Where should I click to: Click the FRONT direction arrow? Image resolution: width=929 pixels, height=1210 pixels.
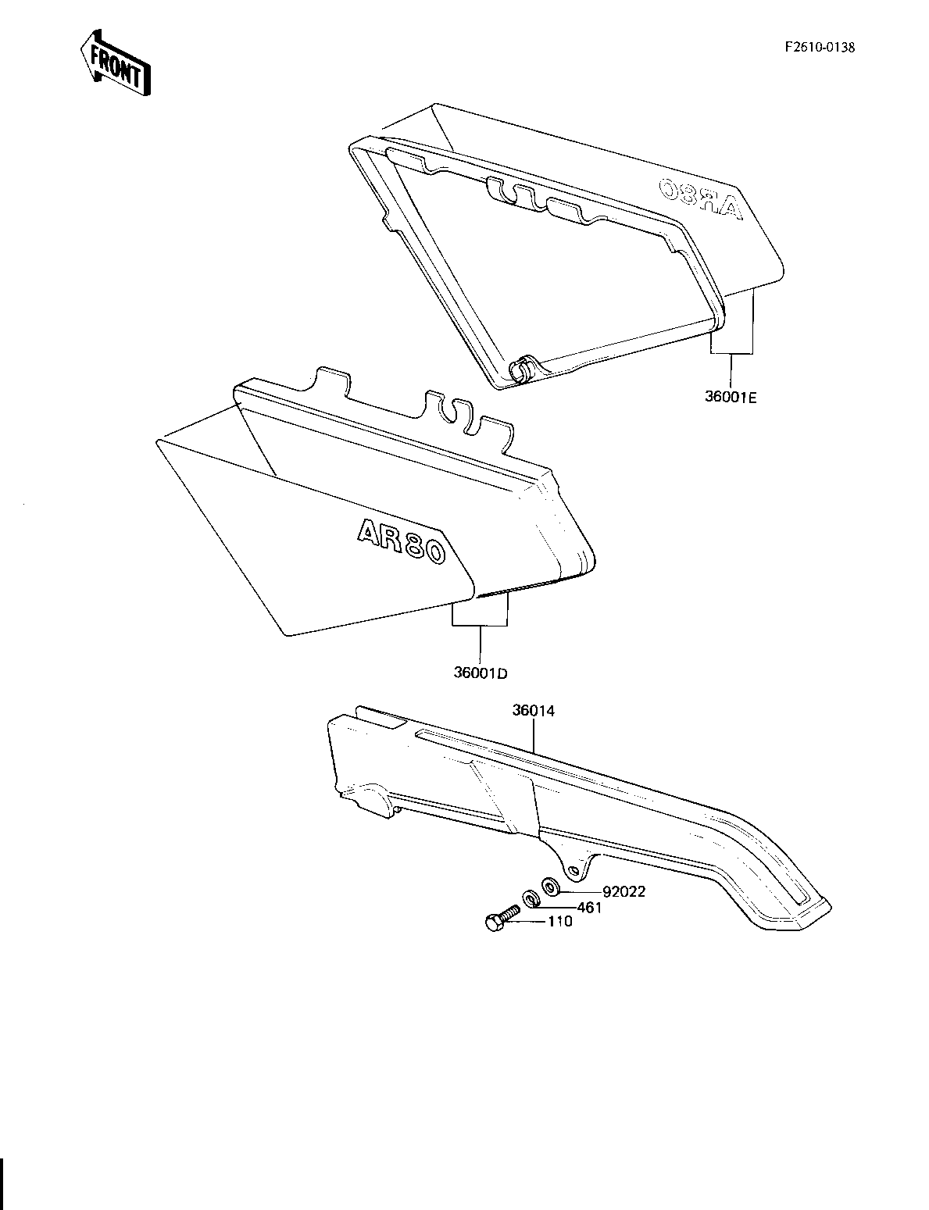pos(116,63)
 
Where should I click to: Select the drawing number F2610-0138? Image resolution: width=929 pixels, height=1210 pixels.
pos(820,48)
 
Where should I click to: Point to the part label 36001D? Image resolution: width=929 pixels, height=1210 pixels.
pos(481,673)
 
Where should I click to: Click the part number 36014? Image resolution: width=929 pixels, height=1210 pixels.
pos(534,711)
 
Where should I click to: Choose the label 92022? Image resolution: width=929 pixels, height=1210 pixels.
pos(624,891)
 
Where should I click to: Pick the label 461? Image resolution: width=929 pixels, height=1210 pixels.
pos(589,908)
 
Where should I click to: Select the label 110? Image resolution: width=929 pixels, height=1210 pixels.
pos(559,922)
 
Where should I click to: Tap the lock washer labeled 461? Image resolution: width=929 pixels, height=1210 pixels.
pos(530,898)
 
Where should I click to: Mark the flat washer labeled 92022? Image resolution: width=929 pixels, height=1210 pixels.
pos(552,885)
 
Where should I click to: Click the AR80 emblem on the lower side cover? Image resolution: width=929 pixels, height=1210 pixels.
pos(401,542)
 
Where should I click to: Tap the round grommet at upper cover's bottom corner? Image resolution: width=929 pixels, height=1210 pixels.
pos(520,369)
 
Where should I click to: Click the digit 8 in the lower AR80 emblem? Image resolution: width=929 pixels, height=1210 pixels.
pos(411,545)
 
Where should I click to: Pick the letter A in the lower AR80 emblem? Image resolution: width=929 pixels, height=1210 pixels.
pos(368,531)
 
